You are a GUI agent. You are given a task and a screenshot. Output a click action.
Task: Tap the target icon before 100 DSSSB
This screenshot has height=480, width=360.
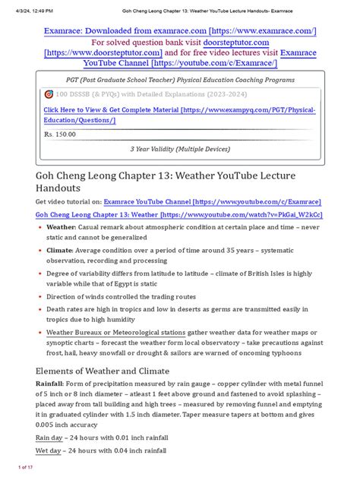49,95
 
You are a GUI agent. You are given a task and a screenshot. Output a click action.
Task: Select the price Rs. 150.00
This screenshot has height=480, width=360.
59,134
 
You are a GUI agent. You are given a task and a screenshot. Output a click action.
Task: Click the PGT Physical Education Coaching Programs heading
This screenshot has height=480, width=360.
179,79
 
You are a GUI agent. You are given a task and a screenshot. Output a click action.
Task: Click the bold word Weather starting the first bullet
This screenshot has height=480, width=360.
61,227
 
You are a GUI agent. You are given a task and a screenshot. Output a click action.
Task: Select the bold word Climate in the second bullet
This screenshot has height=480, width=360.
60,249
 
